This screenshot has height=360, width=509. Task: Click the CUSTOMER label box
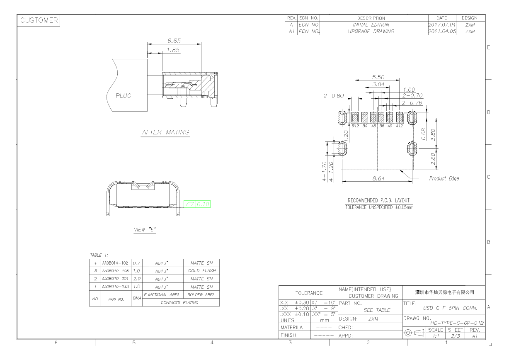[39, 20]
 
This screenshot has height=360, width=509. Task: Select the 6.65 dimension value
[174, 41]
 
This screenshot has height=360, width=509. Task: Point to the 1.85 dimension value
[173, 50]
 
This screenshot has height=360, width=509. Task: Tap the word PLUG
[124, 95]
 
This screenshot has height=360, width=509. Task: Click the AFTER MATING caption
[165, 132]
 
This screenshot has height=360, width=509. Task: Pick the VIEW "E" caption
[145, 229]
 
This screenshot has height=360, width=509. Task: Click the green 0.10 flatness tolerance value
[203, 204]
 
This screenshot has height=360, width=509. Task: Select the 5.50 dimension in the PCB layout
[378, 77]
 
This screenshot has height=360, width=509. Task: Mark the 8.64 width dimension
[378, 178]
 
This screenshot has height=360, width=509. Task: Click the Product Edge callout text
[444, 178]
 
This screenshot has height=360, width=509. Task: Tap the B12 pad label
[355, 126]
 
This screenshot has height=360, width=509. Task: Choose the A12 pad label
[399, 126]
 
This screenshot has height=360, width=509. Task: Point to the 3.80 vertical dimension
[433, 134]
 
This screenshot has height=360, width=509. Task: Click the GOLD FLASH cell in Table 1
[202, 270]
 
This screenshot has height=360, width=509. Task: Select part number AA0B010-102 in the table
[115, 263]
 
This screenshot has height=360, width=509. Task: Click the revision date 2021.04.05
[442, 31]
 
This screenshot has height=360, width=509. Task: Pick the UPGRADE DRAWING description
[371, 31]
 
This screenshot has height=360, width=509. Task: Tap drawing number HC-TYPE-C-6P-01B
[457, 323]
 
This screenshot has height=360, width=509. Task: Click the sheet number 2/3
[456, 336]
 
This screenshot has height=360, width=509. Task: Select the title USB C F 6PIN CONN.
[450, 308]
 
